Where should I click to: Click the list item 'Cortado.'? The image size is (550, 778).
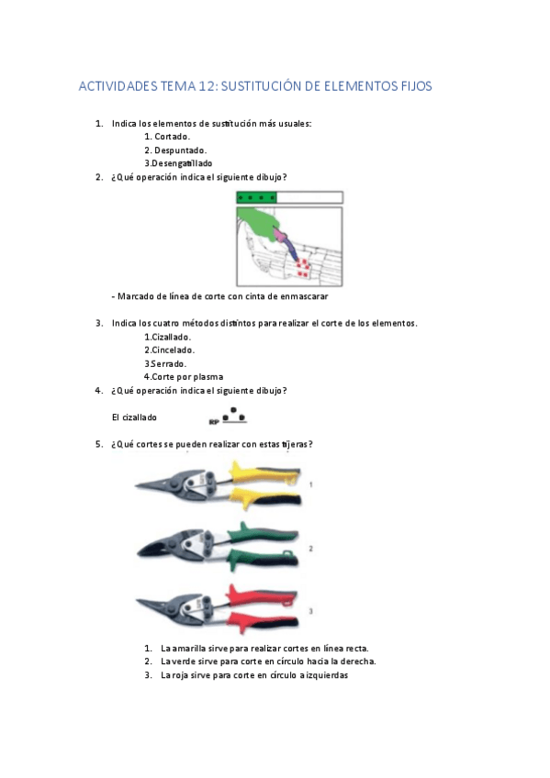[171, 137]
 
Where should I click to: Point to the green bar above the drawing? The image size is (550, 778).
[257, 197]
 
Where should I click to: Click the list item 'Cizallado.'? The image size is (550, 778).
[168, 337]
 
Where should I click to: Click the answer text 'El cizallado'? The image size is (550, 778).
[134, 417]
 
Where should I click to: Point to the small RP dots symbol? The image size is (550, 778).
[230, 417]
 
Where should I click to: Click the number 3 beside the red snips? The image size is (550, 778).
[311, 609]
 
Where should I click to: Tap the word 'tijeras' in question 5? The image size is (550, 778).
[293, 444]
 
